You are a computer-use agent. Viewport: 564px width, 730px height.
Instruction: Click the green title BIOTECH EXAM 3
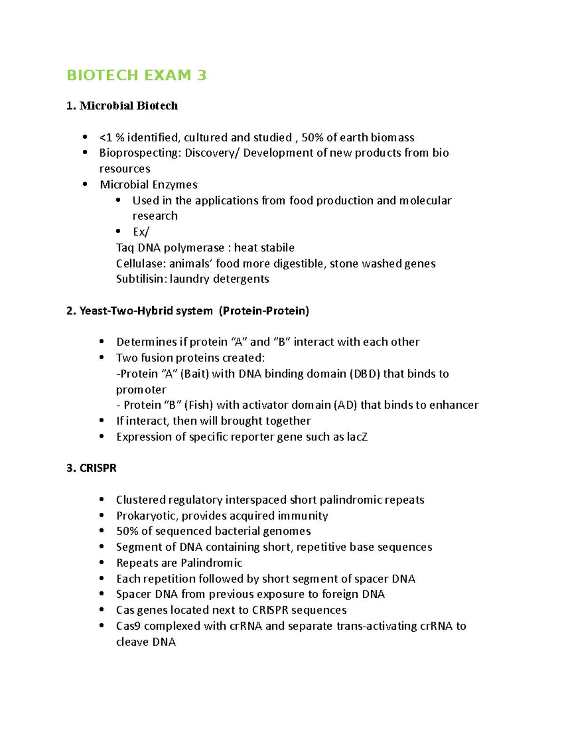pyautogui.click(x=136, y=75)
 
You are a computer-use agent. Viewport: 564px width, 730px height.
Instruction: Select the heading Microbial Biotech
pyautogui.click(x=128, y=106)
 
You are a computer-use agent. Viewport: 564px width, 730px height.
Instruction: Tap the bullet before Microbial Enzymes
pyautogui.click(x=85, y=184)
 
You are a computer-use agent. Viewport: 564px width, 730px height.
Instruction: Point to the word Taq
pyautogui.click(x=125, y=248)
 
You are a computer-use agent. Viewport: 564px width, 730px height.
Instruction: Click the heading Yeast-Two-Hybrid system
pyautogui.click(x=146, y=311)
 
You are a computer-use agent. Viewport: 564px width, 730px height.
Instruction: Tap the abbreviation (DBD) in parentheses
pyautogui.click(x=364, y=374)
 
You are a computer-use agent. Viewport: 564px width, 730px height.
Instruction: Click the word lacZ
pyautogui.click(x=357, y=437)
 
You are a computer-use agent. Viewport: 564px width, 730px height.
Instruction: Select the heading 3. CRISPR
pyautogui.click(x=92, y=468)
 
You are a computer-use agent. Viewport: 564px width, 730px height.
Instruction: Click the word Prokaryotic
pyautogui.click(x=147, y=516)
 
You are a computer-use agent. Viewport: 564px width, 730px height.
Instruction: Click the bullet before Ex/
pyautogui.click(x=118, y=231)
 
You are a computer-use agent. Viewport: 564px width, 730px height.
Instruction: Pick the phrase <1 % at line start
pyautogui.click(x=112, y=138)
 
